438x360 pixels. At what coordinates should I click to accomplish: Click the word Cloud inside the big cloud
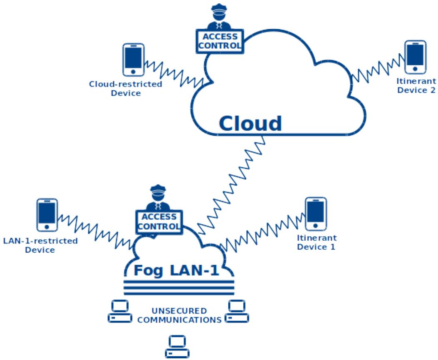coord(250,124)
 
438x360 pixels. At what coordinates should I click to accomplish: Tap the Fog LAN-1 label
coord(176,271)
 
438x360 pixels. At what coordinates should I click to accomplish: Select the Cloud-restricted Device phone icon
coord(134,60)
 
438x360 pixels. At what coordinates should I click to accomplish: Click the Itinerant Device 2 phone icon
coord(416,57)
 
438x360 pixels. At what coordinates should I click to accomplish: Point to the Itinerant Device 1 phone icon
coord(316,214)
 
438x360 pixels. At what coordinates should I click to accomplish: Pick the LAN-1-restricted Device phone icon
coord(47,215)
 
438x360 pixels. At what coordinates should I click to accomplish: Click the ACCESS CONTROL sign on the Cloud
coord(220,41)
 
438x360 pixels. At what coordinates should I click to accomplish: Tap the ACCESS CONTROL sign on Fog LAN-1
coord(159,222)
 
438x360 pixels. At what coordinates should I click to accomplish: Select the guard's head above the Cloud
coord(219,12)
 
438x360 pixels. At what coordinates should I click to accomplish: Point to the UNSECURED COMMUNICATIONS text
coord(179,315)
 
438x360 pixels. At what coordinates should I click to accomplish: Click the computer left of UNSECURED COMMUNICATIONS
coord(120,311)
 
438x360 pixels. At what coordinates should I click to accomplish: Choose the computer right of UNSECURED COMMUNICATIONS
coord(237,311)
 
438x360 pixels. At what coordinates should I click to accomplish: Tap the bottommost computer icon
coord(177,347)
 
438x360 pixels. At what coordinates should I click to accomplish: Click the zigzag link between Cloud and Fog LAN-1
coord(230,184)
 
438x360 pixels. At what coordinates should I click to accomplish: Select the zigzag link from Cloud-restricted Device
coord(174,73)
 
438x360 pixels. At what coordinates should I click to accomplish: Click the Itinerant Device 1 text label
coord(317,242)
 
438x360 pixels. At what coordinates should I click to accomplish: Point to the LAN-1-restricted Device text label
coord(40,245)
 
